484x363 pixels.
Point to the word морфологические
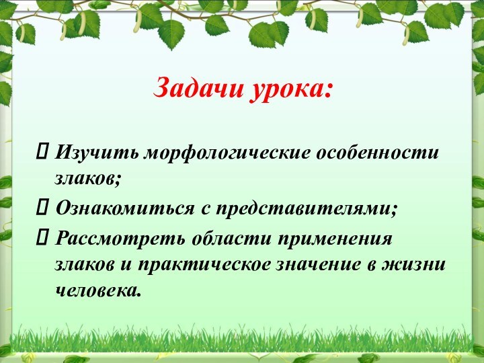coord(225,153)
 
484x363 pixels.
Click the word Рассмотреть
coord(121,239)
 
